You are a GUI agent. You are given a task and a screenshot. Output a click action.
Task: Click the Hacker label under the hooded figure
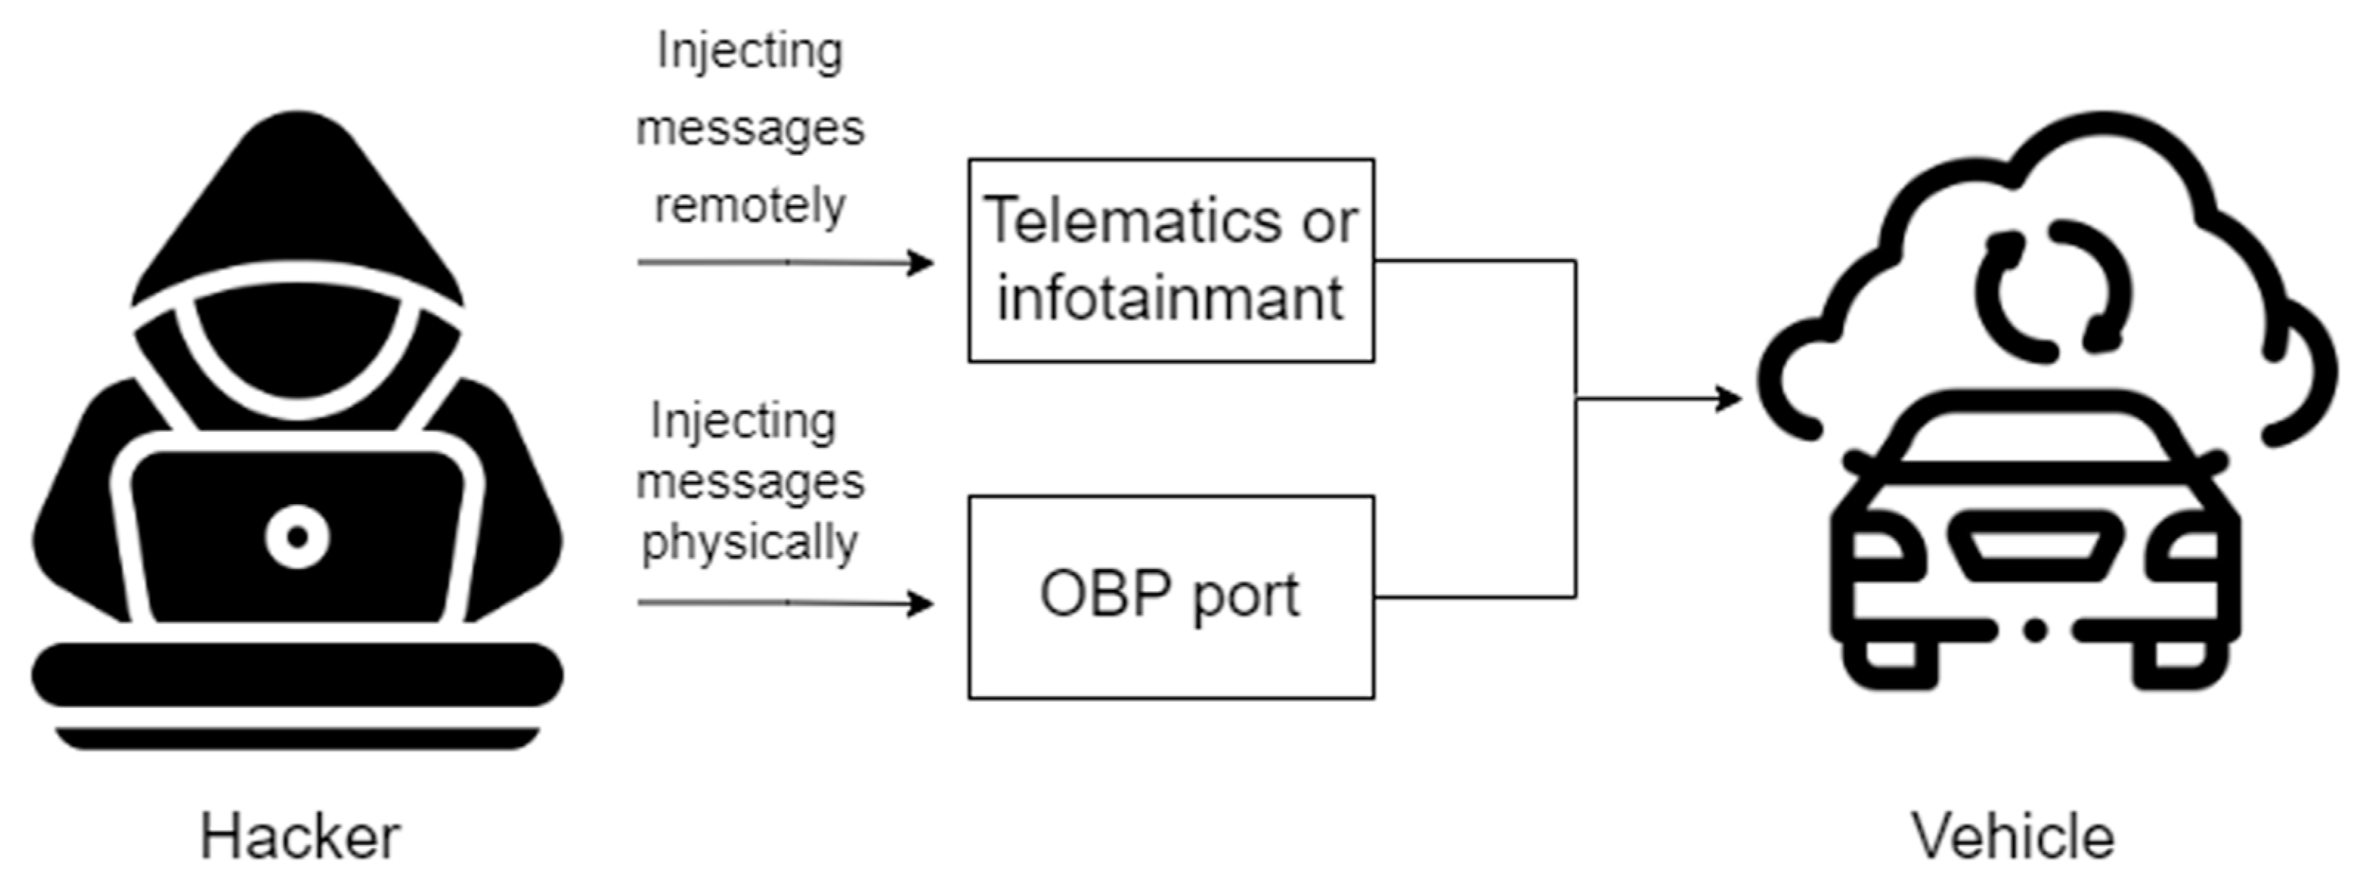[300, 836]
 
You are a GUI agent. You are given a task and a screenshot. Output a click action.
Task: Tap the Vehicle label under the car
[2012, 836]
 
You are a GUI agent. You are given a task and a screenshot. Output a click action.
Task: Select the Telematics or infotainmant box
[1171, 261]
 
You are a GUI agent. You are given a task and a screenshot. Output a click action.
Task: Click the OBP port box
[1171, 597]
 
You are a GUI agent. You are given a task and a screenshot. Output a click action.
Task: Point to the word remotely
[749, 206]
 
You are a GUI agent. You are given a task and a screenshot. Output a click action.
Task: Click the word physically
[749, 542]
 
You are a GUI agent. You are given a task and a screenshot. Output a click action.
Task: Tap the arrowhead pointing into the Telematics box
[921, 263]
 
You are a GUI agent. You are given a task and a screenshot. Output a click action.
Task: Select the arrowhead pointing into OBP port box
[921, 604]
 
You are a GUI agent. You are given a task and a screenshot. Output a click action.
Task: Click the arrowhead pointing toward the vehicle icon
[1729, 399]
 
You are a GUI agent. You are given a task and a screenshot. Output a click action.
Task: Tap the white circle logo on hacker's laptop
[297, 537]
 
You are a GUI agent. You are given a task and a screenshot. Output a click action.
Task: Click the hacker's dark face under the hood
[298, 348]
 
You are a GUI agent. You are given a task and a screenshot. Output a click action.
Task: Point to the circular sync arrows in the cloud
[2052, 292]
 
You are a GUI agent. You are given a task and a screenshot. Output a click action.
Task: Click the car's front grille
[2036, 546]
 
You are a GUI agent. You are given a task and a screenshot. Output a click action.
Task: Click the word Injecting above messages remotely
[749, 52]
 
